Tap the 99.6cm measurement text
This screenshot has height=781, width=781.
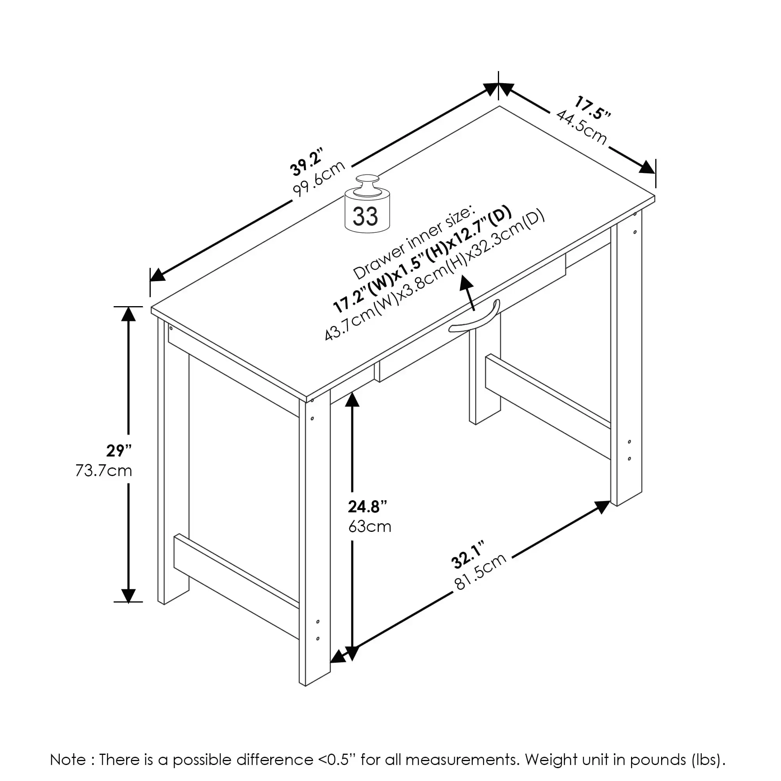(319, 178)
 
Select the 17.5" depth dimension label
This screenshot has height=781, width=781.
(593, 107)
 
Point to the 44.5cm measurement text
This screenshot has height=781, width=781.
(582, 127)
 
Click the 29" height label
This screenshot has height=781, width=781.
(119, 450)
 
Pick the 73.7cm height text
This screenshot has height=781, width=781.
(104, 471)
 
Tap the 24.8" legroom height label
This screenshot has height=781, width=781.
(367, 506)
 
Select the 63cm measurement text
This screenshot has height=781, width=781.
(370, 526)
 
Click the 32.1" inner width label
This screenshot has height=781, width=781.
(467, 555)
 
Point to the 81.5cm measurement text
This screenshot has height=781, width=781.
(481, 571)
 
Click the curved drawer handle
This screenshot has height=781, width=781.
(475, 320)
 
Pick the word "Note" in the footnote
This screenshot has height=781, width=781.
(68, 760)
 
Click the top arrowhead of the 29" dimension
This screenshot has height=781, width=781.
(128, 314)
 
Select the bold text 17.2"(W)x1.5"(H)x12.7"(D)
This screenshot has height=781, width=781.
(423, 260)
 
